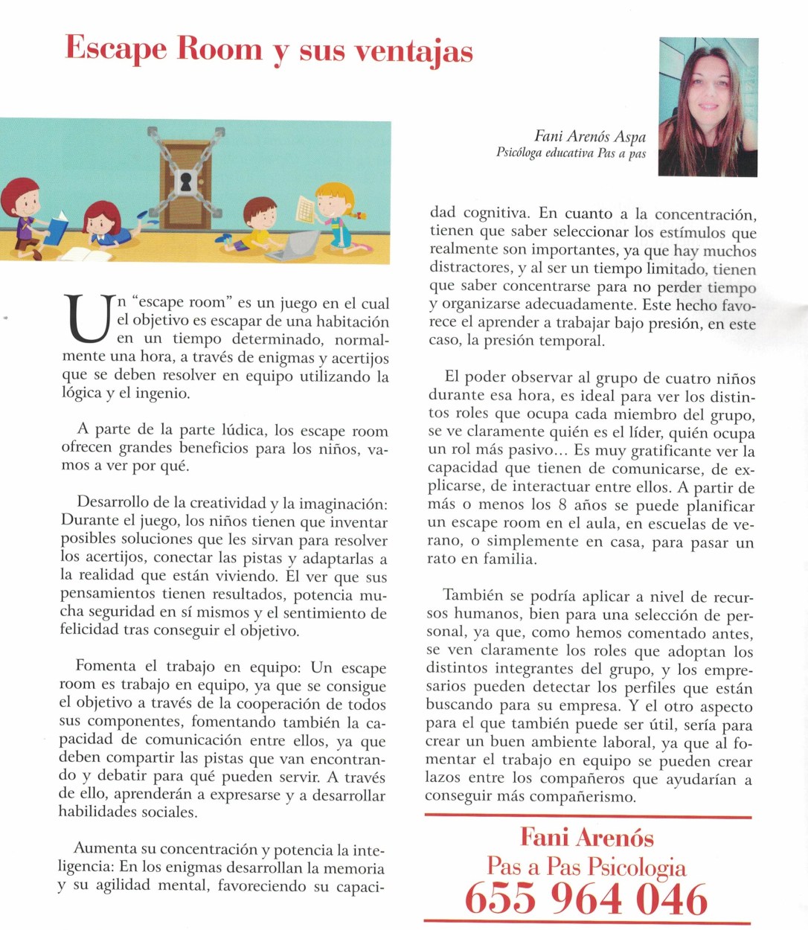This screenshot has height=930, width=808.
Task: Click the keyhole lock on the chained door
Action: (185, 182)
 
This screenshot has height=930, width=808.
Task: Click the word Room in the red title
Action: (219, 49)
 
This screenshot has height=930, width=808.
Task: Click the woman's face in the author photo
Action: (709, 93)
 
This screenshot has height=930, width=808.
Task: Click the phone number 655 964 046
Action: (586, 899)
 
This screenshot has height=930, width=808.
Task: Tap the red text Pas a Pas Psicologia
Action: (586, 866)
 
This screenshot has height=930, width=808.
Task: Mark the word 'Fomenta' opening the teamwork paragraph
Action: (106, 667)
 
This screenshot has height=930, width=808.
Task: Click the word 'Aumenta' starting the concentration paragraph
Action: (106, 849)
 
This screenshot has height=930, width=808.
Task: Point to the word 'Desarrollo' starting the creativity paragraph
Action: (113, 503)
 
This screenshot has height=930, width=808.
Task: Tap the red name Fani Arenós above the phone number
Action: (586, 837)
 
